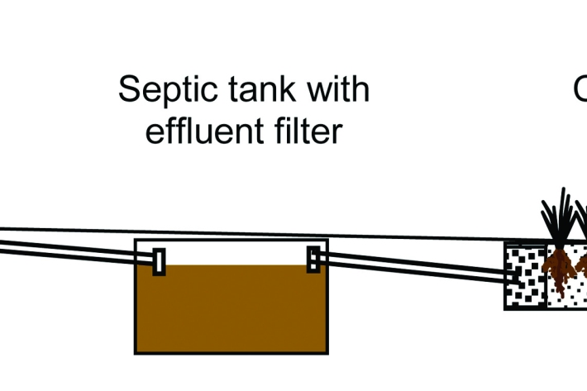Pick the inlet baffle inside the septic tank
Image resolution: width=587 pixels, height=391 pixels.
(159, 261)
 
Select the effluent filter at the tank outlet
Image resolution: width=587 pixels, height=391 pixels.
(313, 260)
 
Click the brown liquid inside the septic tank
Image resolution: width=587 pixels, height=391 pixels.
(231, 306)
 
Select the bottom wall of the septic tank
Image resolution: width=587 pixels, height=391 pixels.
(231, 352)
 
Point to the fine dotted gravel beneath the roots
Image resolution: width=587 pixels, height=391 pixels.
(570, 293)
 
